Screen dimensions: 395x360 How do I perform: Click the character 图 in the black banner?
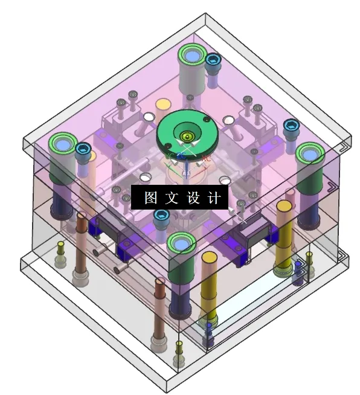coord(150,197)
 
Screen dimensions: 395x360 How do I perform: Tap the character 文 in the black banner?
coord(170,197)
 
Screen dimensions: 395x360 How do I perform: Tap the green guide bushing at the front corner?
coord(181,244)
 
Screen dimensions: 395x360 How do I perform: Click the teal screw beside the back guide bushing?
coord(213,60)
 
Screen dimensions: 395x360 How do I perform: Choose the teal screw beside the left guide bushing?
coord(83,149)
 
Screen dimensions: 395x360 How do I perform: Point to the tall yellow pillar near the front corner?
coord(208,284)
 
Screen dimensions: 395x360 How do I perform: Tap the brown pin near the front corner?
coord(159,308)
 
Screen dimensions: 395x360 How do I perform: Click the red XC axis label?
coord(206,158)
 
